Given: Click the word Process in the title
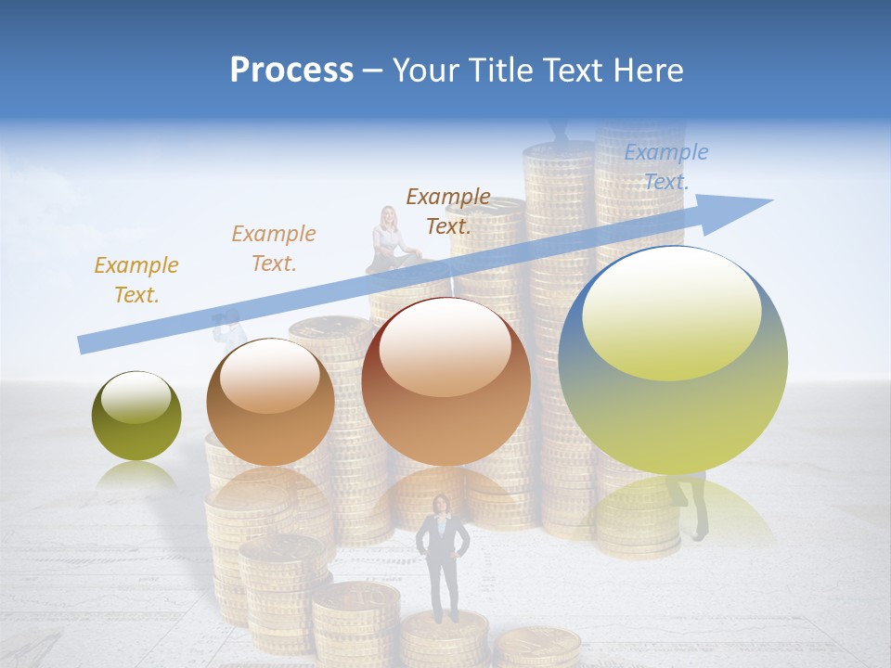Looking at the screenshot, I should click(x=291, y=71).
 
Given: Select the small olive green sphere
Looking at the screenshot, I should click(x=136, y=416).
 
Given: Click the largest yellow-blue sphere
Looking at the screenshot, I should click(x=673, y=360).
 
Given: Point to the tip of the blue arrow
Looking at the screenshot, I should click(x=771, y=200).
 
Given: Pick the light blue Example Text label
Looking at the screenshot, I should click(x=665, y=167).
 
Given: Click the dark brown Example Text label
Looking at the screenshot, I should click(x=448, y=211).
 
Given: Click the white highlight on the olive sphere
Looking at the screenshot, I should click(x=136, y=398).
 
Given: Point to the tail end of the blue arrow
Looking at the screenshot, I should click(x=82, y=344).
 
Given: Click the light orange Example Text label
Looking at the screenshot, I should click(x=273, y=249).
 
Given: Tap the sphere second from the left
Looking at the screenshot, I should click(x=270, y=402).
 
